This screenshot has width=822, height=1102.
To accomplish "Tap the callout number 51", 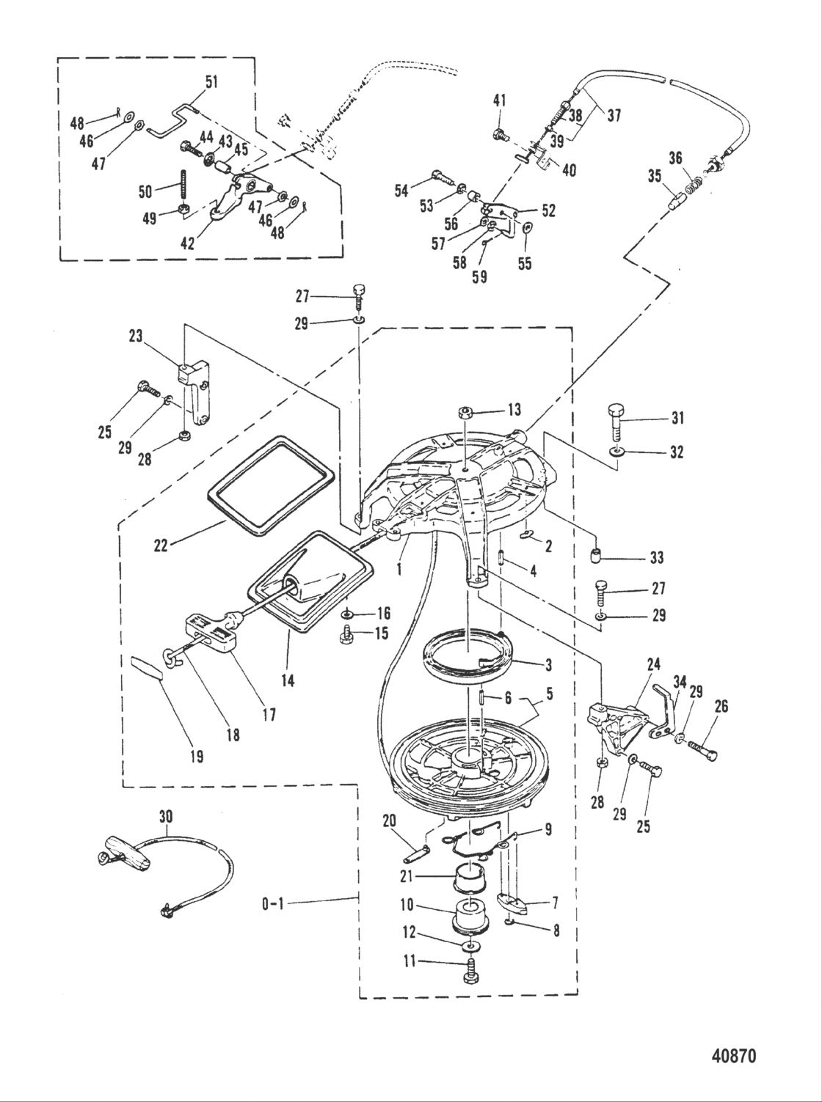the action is [x=212, y=82].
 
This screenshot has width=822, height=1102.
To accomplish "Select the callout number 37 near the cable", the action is [x=614, y=117].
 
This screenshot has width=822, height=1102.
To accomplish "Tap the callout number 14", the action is [x=288, y=681].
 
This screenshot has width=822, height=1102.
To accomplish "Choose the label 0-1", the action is [x=273, y=904].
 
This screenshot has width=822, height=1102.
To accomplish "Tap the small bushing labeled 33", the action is [x=596, y=556].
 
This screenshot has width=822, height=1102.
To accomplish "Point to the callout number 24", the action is [x=653, y=665].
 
